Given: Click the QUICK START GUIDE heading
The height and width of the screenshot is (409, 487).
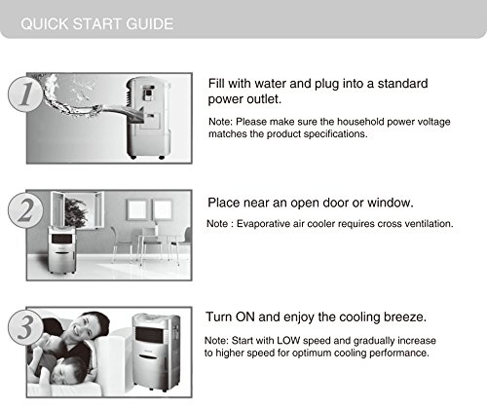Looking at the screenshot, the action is coord(97,24).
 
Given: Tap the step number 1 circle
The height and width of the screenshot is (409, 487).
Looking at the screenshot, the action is coord(25,94).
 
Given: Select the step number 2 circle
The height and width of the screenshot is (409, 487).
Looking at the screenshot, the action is coord(25,209).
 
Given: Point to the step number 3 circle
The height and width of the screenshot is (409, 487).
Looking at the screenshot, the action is coord(25,326).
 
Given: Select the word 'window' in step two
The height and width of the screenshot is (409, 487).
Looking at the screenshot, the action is coord(391,203).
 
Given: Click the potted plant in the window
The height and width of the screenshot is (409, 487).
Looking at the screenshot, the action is coord(76,212).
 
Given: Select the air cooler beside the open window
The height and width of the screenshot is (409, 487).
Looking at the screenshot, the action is coord(62,249).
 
